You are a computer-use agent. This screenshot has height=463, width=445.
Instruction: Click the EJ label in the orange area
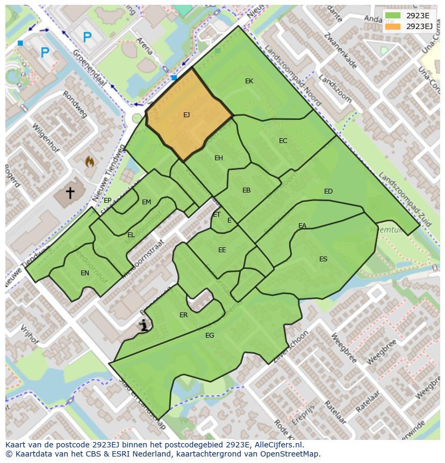(x=186, y=115)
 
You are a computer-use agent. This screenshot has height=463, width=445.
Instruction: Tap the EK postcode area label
(x=249, y=81)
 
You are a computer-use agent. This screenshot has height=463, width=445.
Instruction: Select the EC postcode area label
(x=283, y=141)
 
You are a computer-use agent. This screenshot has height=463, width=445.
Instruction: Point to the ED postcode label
(x=328, y=191)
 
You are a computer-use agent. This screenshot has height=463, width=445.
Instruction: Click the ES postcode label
(x=323, y=259)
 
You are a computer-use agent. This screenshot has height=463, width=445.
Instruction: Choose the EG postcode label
(x=210, y=336)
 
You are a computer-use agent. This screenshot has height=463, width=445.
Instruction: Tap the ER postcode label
(x=184, y=315)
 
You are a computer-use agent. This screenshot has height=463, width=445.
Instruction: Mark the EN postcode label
(x=85, y=273)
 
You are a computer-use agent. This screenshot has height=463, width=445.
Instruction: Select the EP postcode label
(x=107, y=201)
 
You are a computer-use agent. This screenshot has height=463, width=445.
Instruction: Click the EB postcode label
(x=246, y=190)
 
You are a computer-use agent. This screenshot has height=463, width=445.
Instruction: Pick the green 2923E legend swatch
(x=393, y=16)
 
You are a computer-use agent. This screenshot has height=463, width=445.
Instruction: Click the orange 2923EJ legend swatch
(x=393, y=26)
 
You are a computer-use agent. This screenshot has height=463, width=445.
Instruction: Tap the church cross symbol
(x=70, y=192)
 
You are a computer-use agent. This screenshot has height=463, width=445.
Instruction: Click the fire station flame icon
(x=90, y=161)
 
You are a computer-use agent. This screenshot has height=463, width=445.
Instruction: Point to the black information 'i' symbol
(x=143, y=325)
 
